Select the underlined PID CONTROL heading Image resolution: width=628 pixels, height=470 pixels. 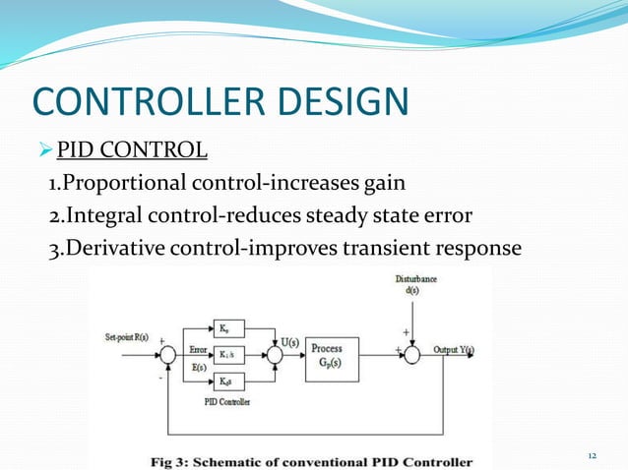[x=132, y=150]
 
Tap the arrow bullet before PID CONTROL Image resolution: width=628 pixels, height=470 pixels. [x=42, y=150]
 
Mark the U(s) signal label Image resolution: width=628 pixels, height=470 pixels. [x=290, y=341]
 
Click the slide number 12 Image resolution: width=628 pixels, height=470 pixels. [x=592, y=456]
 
